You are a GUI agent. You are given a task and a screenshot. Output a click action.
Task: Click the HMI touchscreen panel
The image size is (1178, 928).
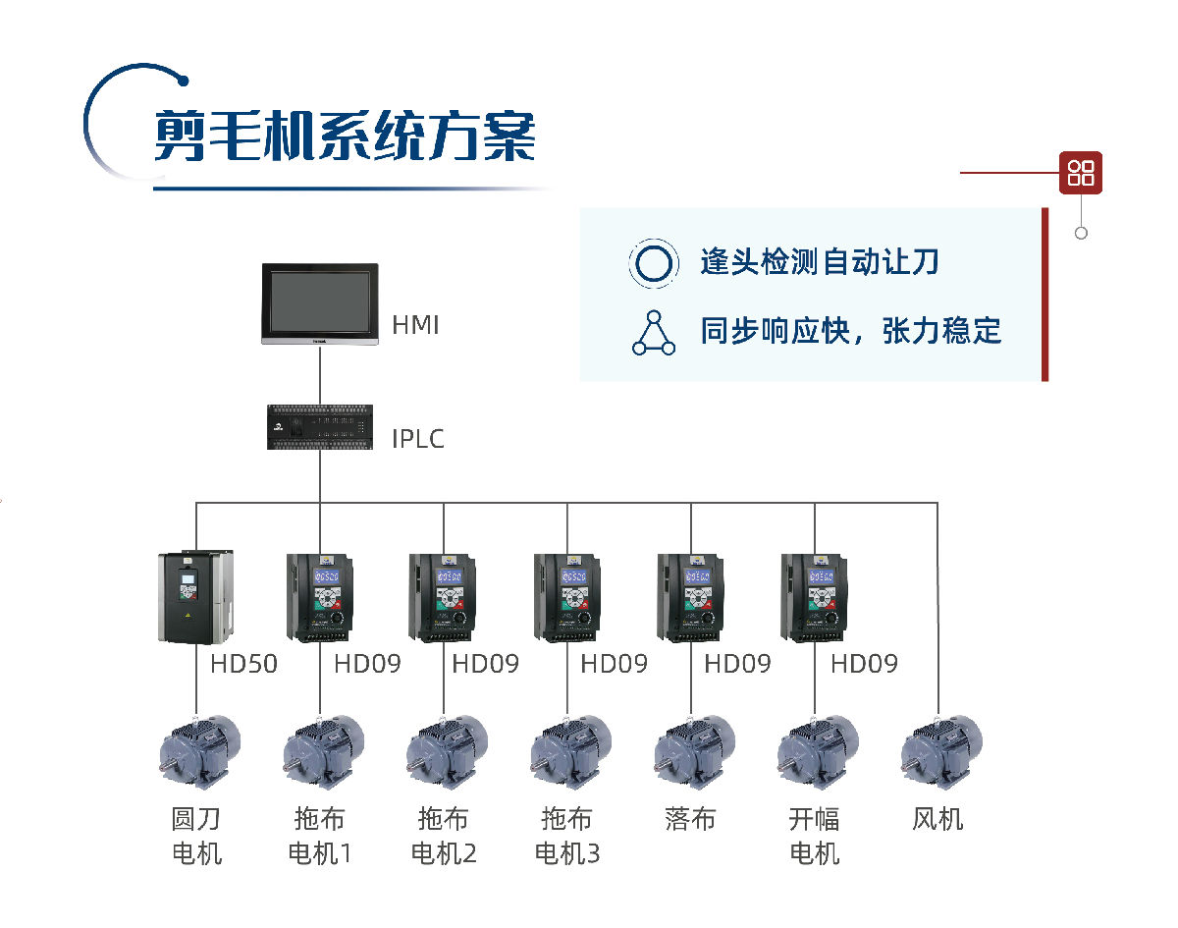[320, 303]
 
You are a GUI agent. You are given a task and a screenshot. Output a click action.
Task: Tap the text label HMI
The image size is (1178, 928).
[415, 325]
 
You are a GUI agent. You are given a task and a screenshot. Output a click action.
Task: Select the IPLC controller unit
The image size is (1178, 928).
[320, 427]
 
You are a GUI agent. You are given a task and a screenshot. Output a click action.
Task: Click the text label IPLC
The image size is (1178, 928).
[418, 438]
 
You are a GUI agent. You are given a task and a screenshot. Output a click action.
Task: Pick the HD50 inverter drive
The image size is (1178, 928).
[195, 597]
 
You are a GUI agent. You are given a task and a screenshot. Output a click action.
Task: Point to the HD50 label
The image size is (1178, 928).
[243, 664]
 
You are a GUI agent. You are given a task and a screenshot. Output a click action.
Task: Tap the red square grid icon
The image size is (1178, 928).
[1081, 173]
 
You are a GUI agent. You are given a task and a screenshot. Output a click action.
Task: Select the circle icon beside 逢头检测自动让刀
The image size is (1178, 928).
[653, 263]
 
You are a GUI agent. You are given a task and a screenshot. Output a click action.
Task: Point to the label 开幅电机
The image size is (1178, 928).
[814, 835]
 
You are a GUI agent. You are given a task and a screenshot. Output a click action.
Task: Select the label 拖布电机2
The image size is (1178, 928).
[444, 835]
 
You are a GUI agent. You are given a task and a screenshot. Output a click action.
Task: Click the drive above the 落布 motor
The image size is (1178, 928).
[690, 597]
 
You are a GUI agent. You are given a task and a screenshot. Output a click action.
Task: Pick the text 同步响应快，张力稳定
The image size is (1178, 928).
[850, 330]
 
